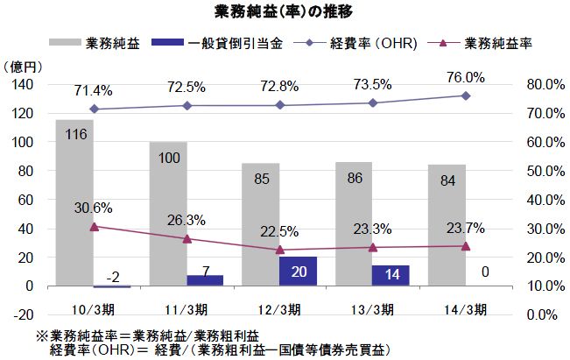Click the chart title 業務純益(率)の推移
click(x=284, y=12)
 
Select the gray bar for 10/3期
click(x=74, y=201)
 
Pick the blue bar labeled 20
click(x=297, y=271)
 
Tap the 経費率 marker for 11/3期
click(x=186, y=105)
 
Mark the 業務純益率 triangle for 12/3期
click(x=279, y=250)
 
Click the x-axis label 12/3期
click(x=279, y=309)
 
